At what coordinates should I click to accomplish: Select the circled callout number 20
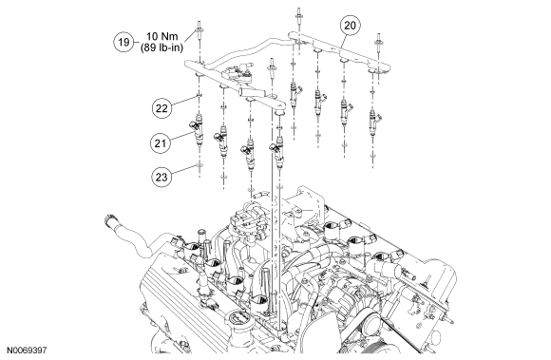350,26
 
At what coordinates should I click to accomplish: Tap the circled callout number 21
161,143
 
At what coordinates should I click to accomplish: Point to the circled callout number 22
161,108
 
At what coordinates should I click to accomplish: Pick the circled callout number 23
161,177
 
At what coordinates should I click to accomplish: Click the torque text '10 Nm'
162,36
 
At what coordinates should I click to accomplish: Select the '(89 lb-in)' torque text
162,47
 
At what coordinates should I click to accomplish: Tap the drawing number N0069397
27,351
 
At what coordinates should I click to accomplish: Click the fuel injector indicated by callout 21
199,130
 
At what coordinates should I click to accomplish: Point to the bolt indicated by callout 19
199,28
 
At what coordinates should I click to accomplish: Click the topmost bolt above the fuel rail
298,16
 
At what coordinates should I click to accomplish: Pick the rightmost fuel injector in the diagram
374,122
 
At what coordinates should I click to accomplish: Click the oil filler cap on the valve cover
237,319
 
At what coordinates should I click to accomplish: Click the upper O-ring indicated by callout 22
199,96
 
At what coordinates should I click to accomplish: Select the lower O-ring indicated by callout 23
199,165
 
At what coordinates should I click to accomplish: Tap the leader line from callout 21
181,136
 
